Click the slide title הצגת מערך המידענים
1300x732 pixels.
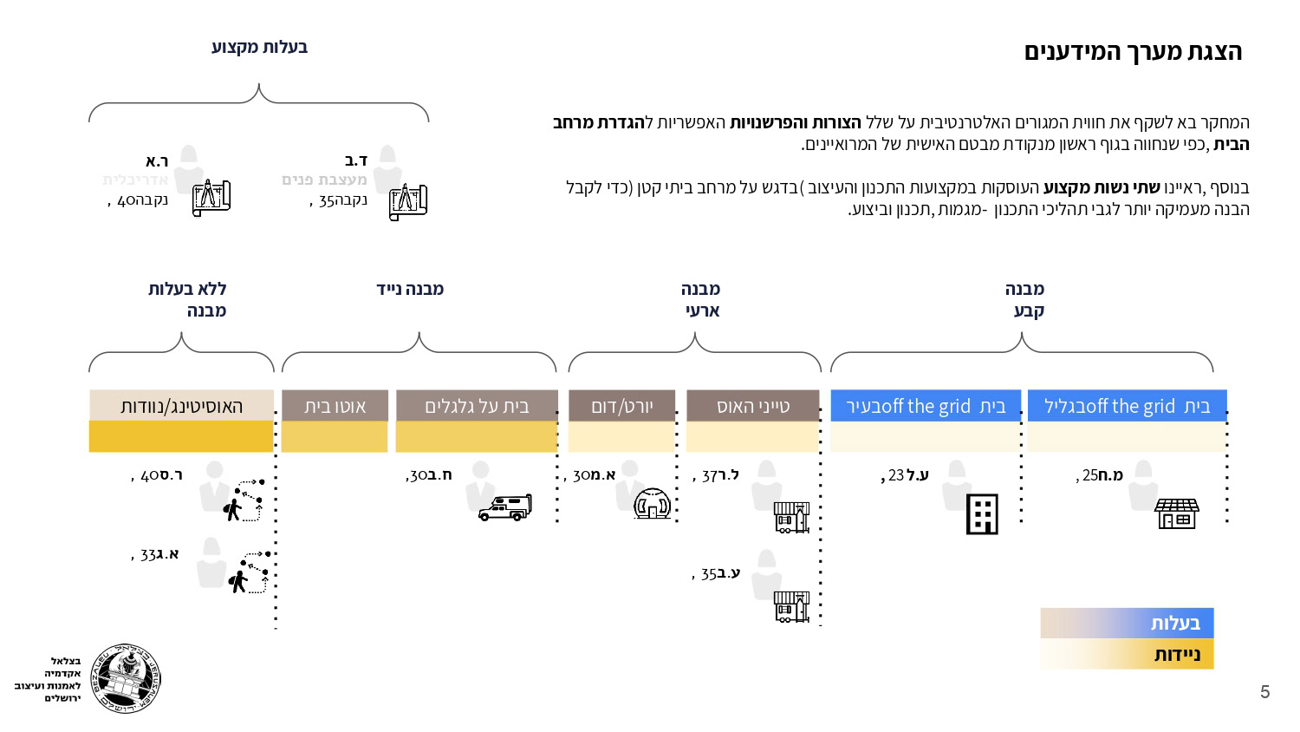coord(1133,52)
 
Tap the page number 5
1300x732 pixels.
coord(1264,692)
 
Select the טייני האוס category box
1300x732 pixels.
coord(752,405)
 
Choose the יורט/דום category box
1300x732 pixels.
coord(621,405)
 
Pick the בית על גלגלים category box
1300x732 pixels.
coord(477,405)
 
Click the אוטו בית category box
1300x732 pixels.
coord(335,405)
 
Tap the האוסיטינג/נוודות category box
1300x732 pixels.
coord(181,405)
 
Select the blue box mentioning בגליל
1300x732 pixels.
coord(1127,405)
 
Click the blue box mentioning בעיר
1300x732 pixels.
coord(926,405)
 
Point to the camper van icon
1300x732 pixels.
coord(505,507)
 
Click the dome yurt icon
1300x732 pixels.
coord(653,503)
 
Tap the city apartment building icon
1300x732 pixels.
coord(982,515)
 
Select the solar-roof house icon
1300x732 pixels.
coord(1176,513)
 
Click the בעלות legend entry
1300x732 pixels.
coord(1127,623)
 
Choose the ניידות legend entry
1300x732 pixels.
coord(1127,654)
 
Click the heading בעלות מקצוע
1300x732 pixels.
coord(259,47)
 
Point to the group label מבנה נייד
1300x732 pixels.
coord(410,289)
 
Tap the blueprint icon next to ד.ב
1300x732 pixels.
coord(408,202)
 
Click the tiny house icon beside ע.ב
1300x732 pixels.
coord(791,606)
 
